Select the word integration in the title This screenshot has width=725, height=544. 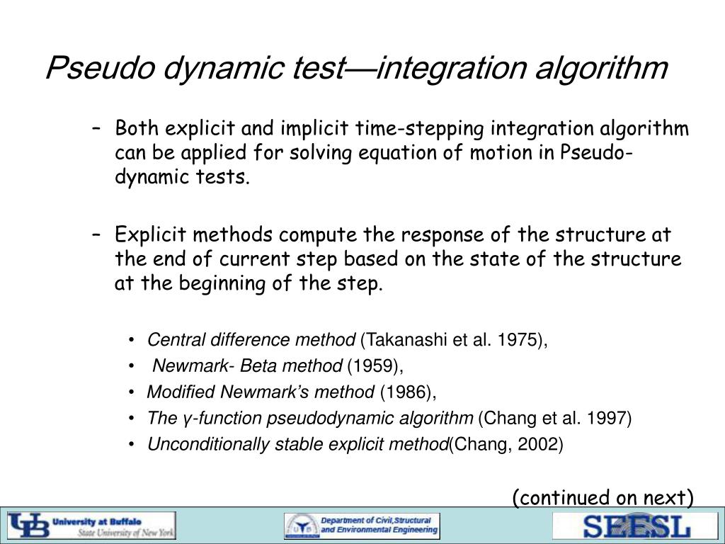tap(443, 69)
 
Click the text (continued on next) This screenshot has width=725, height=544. tap(603, 499)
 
